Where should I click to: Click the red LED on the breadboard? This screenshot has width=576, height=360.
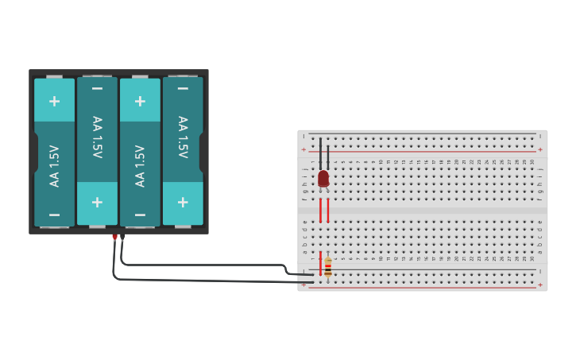tap(323, 179)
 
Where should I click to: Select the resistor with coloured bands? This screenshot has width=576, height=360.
tap(328, 265)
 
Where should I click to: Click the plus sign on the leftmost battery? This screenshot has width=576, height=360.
tap(54, 101)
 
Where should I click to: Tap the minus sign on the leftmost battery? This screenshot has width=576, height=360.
tap(54, 215)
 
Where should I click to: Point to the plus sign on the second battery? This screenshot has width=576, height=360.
tap(97, 202)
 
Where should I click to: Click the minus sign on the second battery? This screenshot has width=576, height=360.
tap(97, 88)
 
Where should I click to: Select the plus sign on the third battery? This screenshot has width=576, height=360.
tap(140, 101)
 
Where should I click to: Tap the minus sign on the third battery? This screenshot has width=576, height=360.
tap(140, 215)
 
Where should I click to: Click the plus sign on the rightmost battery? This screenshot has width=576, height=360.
tap(183, 202)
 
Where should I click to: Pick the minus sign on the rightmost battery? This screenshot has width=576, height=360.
tap(183, 88)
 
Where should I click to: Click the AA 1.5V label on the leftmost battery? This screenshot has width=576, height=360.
tap(54, 165)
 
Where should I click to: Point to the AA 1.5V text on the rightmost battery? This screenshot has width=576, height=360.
tap(183, 137)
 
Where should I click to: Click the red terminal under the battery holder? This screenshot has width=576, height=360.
tap(114, 237)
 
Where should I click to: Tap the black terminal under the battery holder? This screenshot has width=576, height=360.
tap(122, 237)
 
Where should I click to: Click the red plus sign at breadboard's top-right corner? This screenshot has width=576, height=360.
tap(540, 149)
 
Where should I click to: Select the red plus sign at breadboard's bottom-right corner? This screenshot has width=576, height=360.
tap(540, 284)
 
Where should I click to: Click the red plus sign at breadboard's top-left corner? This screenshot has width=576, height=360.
tap(303, 149)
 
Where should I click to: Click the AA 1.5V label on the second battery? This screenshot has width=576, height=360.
tap(97, 137)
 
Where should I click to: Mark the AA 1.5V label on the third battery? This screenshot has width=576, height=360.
tap(140, 165)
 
